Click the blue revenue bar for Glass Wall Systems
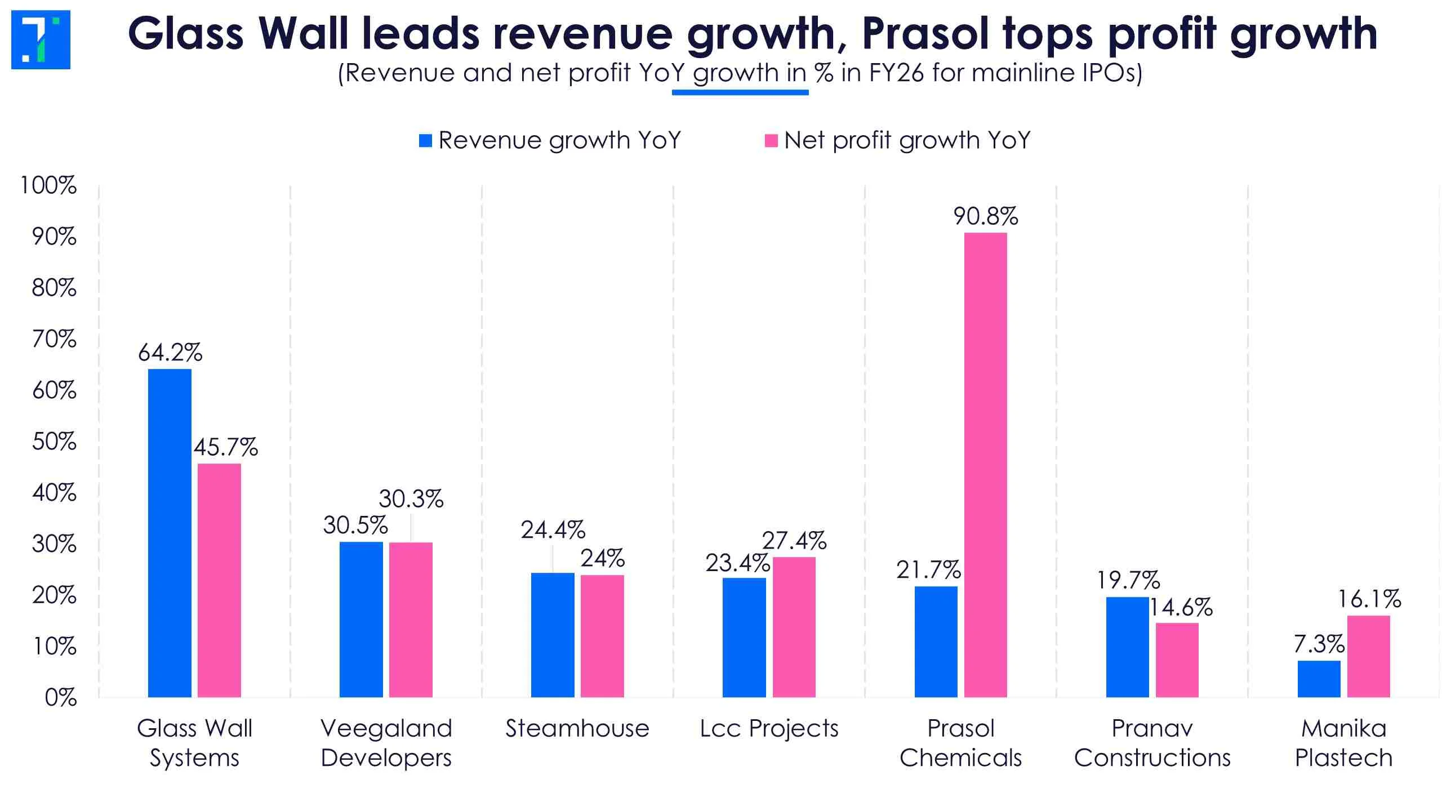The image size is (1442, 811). (170, 533)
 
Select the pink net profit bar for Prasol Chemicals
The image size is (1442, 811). (985, 465)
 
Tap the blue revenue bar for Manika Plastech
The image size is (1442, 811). (1319, 679)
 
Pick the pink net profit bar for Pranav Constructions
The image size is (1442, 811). (1177, 660)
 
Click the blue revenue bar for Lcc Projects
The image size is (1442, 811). (744, 638)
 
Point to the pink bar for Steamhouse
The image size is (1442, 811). (602, 636)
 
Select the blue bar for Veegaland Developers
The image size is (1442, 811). (361, 620)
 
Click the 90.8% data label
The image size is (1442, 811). (986, 216)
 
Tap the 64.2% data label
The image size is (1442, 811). (170, 353)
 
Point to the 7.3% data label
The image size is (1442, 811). (1319, 644)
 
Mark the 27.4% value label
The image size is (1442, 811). (794, 541)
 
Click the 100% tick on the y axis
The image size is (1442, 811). (48, 185)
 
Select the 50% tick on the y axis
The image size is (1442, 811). (54, 442)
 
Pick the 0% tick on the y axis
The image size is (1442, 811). (60, 698)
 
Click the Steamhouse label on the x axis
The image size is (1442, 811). (577, 728)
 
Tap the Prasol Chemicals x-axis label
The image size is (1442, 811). (961, 743)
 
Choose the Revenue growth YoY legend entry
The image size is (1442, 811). (550, 140)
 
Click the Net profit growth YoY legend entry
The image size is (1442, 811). (897, 140)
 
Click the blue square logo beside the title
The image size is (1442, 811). (41, 39)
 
